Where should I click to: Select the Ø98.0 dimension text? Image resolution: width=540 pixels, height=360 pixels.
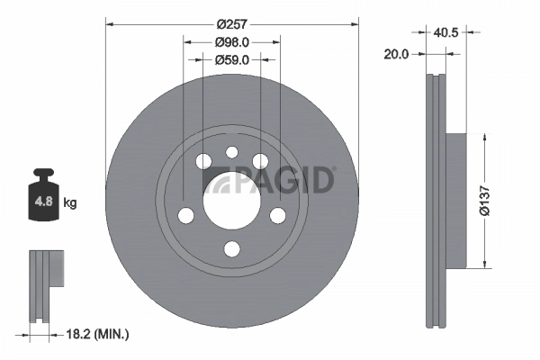coord(231,41)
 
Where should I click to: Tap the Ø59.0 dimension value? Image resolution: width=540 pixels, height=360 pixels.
coord(231,60)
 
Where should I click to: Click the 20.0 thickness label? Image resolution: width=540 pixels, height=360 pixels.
coord(396,54)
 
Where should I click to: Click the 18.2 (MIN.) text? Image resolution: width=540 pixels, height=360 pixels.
coord(100,334)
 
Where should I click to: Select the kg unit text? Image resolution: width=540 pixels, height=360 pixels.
coord(69,203)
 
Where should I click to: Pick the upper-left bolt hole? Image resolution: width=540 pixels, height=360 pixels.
coord(202,161)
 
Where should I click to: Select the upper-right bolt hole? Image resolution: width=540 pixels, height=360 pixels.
coord(260,161)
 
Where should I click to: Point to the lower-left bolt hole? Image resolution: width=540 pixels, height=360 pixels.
coord(185,216)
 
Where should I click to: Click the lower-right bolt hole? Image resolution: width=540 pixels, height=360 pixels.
coord(277,215)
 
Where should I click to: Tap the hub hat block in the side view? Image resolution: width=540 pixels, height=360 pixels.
coord(457,200)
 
